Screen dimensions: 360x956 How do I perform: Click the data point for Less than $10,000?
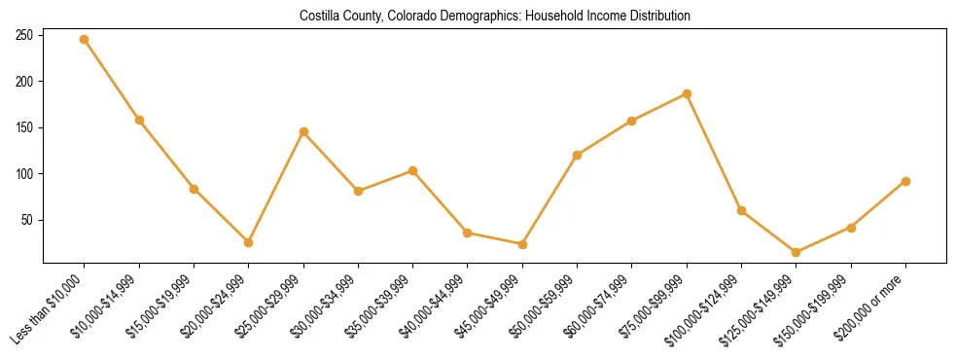pyautogui.click(x=85, y=40)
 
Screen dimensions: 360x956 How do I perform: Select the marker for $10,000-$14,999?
pyautogui.click(x=139, y=121)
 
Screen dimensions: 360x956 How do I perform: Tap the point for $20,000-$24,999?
pyautogui.click(x=249, y=242)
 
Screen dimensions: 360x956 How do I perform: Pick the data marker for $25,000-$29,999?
pyautogui.click(x=303, y=131)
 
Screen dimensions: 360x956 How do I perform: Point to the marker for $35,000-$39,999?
pyautogui.click(x=413, y=171)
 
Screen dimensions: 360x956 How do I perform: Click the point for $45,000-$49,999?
pyautogui.click(x=522, y=244)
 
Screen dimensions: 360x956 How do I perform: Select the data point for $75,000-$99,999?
pyautogui.click(x=687, y=94)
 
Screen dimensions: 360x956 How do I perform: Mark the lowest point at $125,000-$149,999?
pyautogui.click(x=797, y=252)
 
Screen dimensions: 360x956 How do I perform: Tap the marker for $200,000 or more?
pyautogui.click(x=905, y=181)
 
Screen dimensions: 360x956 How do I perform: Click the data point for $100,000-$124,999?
pyautogui.click(x=742, y=210)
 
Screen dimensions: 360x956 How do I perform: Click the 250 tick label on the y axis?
pyautogui.click(x=25, y=35)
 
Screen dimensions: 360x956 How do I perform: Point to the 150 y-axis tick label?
pyautogui.click(x=25, y=127)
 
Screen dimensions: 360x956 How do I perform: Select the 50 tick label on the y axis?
pyautogui.click(x=28, y=220)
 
